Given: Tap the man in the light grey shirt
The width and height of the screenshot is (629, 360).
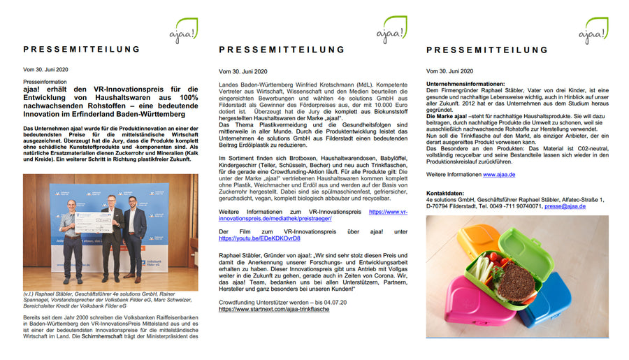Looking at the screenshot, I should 69,238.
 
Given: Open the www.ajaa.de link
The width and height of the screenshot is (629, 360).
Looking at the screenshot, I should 499,174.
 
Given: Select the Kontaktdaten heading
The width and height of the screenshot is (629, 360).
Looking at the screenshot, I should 448,192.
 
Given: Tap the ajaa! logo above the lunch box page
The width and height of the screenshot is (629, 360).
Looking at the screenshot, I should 596,31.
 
